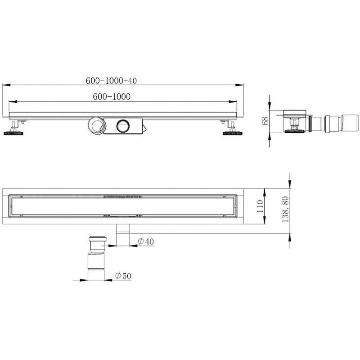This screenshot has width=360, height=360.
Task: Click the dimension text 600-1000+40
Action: pos(111,81)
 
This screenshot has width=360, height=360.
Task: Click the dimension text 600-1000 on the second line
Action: pos(111,96)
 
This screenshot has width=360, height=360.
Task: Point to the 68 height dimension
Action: pos(265,120)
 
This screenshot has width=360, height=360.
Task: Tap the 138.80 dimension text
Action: pos(284,209)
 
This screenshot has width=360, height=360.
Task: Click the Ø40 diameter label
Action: pos(146,242)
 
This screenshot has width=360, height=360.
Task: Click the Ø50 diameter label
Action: pos(123,275)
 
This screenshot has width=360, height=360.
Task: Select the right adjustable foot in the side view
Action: pos(231,129)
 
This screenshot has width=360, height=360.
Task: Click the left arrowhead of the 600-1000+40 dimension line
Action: pos(6,85)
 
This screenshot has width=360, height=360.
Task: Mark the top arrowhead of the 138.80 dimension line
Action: pos(289,178)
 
